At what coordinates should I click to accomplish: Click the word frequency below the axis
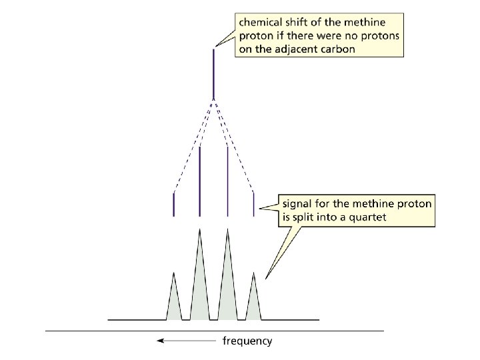247,341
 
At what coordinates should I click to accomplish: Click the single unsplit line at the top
213,73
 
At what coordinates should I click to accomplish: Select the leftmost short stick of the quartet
174,204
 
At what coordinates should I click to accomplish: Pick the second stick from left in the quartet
200,180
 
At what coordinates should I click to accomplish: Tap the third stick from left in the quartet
228,180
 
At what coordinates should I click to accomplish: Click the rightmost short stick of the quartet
253,204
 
